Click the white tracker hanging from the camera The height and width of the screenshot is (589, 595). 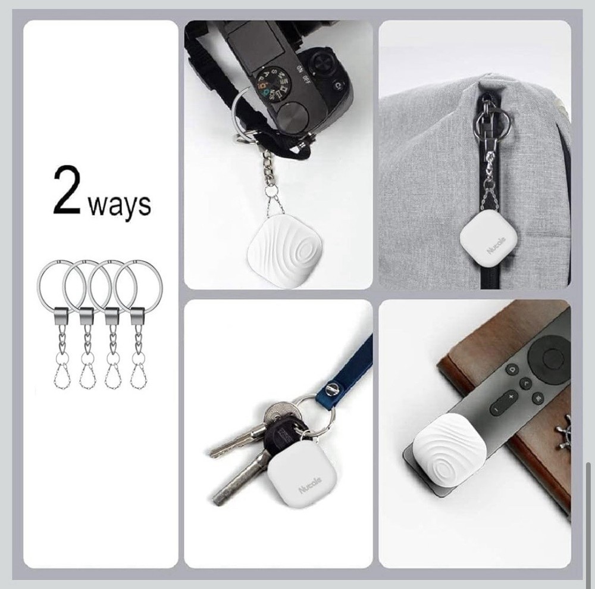tap(280, 253)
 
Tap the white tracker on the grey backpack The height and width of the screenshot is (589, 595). tap(490, 238)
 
